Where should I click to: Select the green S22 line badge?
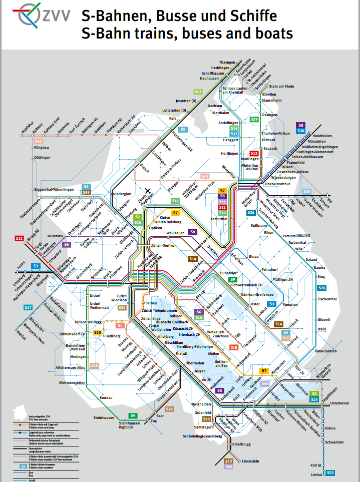(x=198, y=92)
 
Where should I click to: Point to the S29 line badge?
(x=254, y=119)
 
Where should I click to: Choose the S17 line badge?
(x=28, y=307)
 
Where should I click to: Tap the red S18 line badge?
(x=234, y=347)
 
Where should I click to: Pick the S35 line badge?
(x=307, y=192)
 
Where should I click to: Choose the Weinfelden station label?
(x=322, y=136)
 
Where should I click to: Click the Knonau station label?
(x=106, y=397)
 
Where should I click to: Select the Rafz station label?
(x=173, y=119)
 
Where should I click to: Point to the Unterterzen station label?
(x=338, y=402)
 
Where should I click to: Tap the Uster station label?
(x=255, y=304)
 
